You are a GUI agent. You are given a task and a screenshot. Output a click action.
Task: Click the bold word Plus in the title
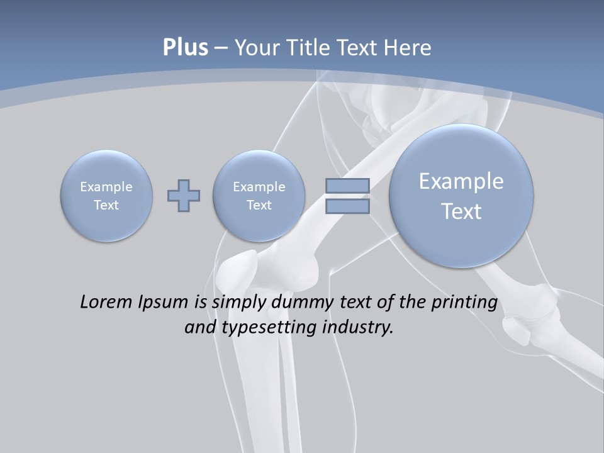(185, 48)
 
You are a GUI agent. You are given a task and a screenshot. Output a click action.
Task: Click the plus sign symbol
(184, 195)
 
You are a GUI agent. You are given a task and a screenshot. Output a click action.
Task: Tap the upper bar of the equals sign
(347, 186)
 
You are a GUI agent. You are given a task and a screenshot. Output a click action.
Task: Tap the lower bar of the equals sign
(347, 206)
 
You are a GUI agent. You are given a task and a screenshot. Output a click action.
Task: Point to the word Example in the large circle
(461, 181)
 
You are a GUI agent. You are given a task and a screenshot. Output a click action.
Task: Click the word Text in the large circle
(461, 211)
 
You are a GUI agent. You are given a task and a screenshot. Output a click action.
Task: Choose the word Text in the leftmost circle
(106, 205)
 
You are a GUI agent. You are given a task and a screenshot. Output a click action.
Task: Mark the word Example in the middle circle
(259, 187)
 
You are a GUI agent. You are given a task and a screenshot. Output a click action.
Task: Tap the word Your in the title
(254, 48)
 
